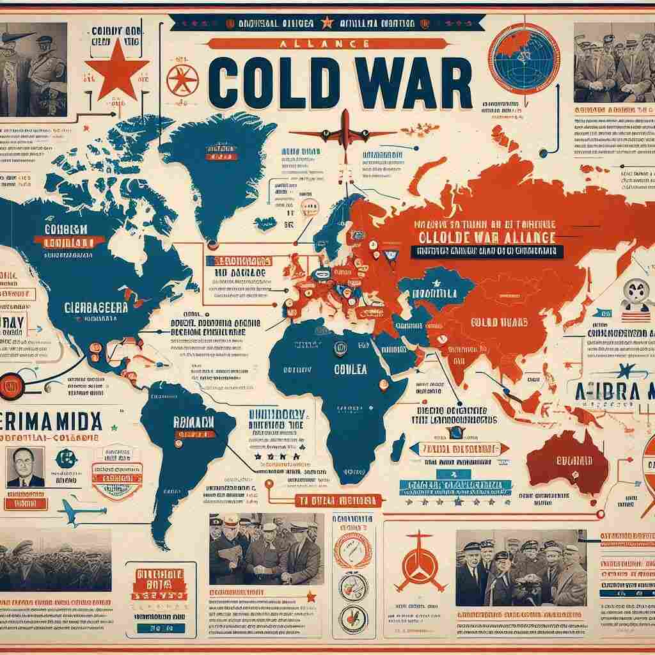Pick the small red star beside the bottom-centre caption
point(311,596)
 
